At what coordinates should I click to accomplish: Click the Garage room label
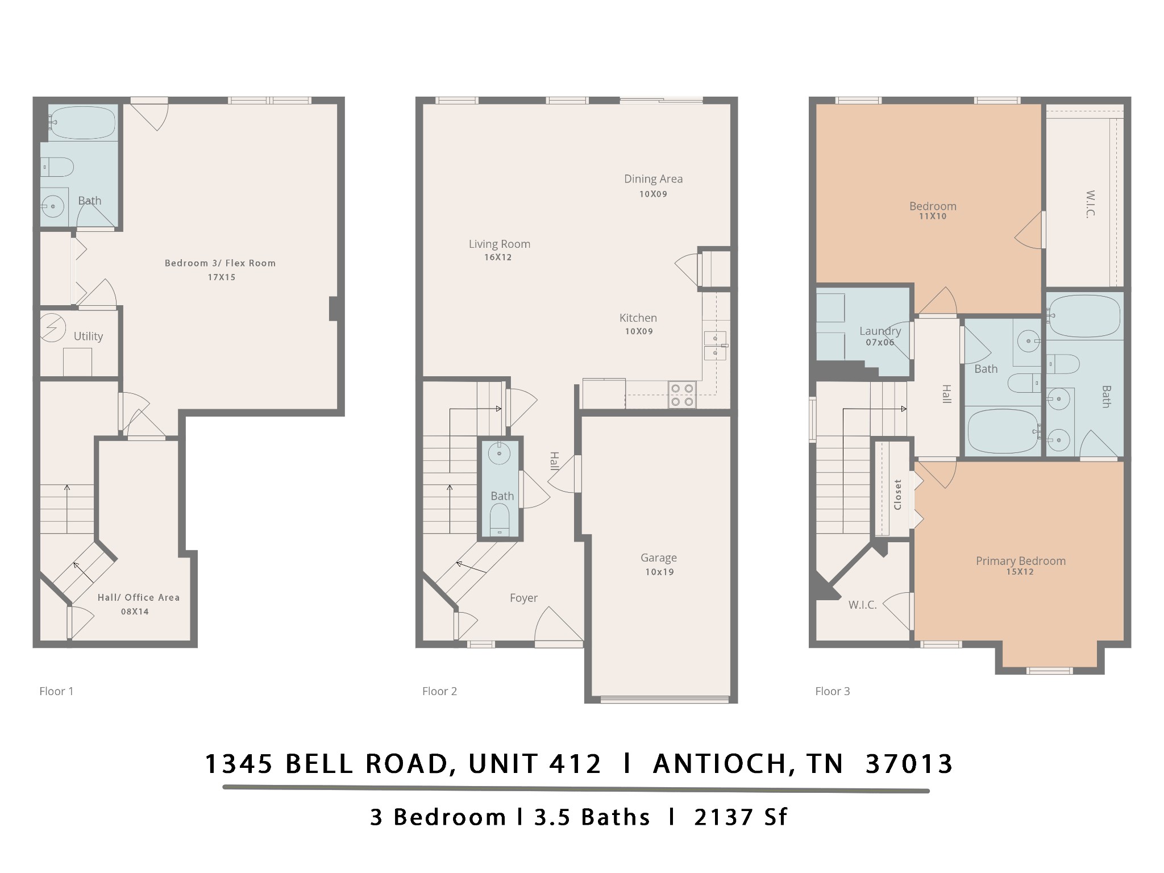tap(658, 558)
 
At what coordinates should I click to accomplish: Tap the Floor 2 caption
tap(439, 691)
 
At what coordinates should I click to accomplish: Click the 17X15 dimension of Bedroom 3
tap(221, 277)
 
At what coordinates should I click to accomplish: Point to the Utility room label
tap(88, 336)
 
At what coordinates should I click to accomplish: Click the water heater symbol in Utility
tap(52, 327)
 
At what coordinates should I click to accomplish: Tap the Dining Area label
tap(653, 178)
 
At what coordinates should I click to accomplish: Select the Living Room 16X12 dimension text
tap(498, 257)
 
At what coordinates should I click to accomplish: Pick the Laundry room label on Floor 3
tap(880, 331)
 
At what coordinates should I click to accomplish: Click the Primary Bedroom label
tap(1020, 560)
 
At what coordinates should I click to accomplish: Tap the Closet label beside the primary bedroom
tap(897, 494)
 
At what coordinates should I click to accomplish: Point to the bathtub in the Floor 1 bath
tap(83, 123)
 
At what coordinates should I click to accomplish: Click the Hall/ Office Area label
tap(138, 597)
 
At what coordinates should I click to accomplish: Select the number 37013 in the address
tap(908, 763)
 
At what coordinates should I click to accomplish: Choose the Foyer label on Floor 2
tap(523, 598)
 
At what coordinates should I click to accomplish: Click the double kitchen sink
tap(715, 345)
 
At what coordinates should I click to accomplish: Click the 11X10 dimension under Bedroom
tap(932, 217)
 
